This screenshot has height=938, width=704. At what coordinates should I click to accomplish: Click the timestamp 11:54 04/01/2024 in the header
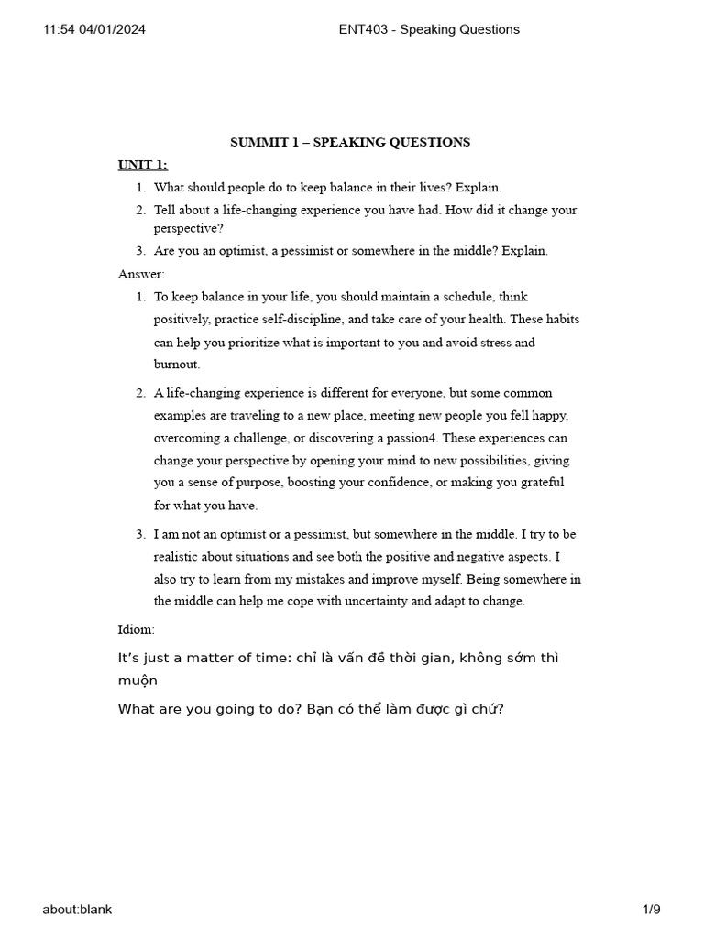[x=94, y=29]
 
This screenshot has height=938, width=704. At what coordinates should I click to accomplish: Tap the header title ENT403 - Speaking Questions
[x=429, y=29]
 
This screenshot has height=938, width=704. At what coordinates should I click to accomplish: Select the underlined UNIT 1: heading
[x=142, y=165]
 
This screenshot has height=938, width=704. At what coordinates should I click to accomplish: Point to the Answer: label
[x=141, y=274]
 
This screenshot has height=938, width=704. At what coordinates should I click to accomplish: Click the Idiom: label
[x=137, y=629]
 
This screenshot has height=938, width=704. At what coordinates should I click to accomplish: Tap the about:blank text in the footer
[x=77, y=909]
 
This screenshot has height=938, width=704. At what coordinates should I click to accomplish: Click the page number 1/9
[x=651, y=909]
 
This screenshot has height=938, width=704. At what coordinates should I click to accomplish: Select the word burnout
[x=176, y=365]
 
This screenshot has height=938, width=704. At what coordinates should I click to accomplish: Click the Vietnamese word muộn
[x=137, y=681]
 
